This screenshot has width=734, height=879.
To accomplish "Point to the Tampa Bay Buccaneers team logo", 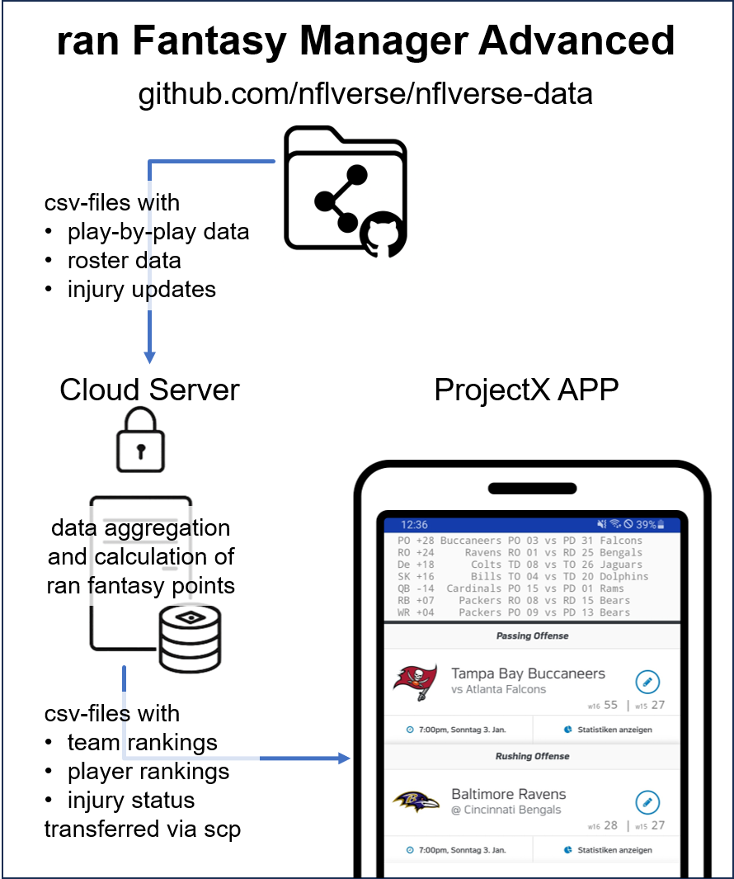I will coord(414,683).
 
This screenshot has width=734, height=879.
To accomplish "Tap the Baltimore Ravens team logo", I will coord(414,801).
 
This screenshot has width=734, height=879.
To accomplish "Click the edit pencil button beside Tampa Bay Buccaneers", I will coord(647,682).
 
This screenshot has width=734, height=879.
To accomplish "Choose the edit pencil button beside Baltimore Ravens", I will coord(647,801).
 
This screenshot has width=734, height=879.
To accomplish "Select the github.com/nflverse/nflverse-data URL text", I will coord(365,94).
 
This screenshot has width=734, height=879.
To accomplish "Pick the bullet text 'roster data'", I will coord(124,260).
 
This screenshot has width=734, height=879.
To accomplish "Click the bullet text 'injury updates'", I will coord(142,289).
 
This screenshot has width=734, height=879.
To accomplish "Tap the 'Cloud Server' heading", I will coord(149,390).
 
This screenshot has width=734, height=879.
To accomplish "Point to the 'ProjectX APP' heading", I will coord(526,390).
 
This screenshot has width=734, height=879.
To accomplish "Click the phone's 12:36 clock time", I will coord(414,524).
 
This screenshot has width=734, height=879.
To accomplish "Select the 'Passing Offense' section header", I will coord(532,636).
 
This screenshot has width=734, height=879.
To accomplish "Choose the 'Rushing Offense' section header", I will coord(532,756).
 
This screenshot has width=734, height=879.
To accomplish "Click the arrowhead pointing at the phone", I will coord(344,758).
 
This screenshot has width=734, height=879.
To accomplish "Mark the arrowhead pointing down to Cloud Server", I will coord(150,357).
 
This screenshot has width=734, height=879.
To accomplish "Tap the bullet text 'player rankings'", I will coord(148,771).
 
